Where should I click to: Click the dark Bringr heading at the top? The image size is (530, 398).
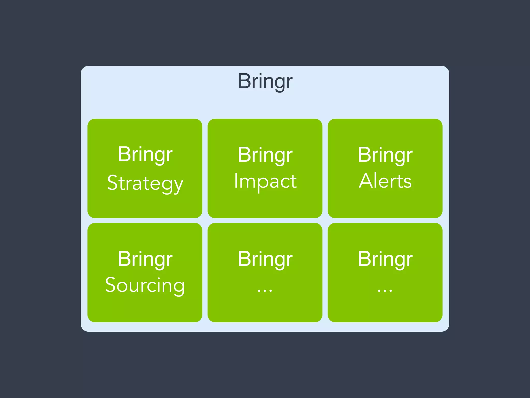coord(265,81)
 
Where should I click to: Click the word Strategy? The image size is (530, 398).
coord(145,183)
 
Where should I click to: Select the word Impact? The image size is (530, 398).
coord(265,181)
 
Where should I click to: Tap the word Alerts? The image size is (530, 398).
coord(385,181)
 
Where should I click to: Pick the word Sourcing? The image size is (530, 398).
coord(145,285)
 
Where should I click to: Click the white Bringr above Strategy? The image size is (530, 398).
coord(145,154)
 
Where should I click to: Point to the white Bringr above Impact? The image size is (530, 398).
coord(265,155)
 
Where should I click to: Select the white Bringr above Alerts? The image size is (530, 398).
coord(385,155)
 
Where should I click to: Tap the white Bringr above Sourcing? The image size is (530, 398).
coord(145,259)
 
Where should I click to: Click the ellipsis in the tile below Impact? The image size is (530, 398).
coord(265,291)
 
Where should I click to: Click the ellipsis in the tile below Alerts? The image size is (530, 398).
coord(385,291)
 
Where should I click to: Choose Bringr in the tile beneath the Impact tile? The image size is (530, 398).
coord(265,259)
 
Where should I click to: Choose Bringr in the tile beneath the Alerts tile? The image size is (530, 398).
coord(385,259)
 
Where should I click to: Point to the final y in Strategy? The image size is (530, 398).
coord(178,185)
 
